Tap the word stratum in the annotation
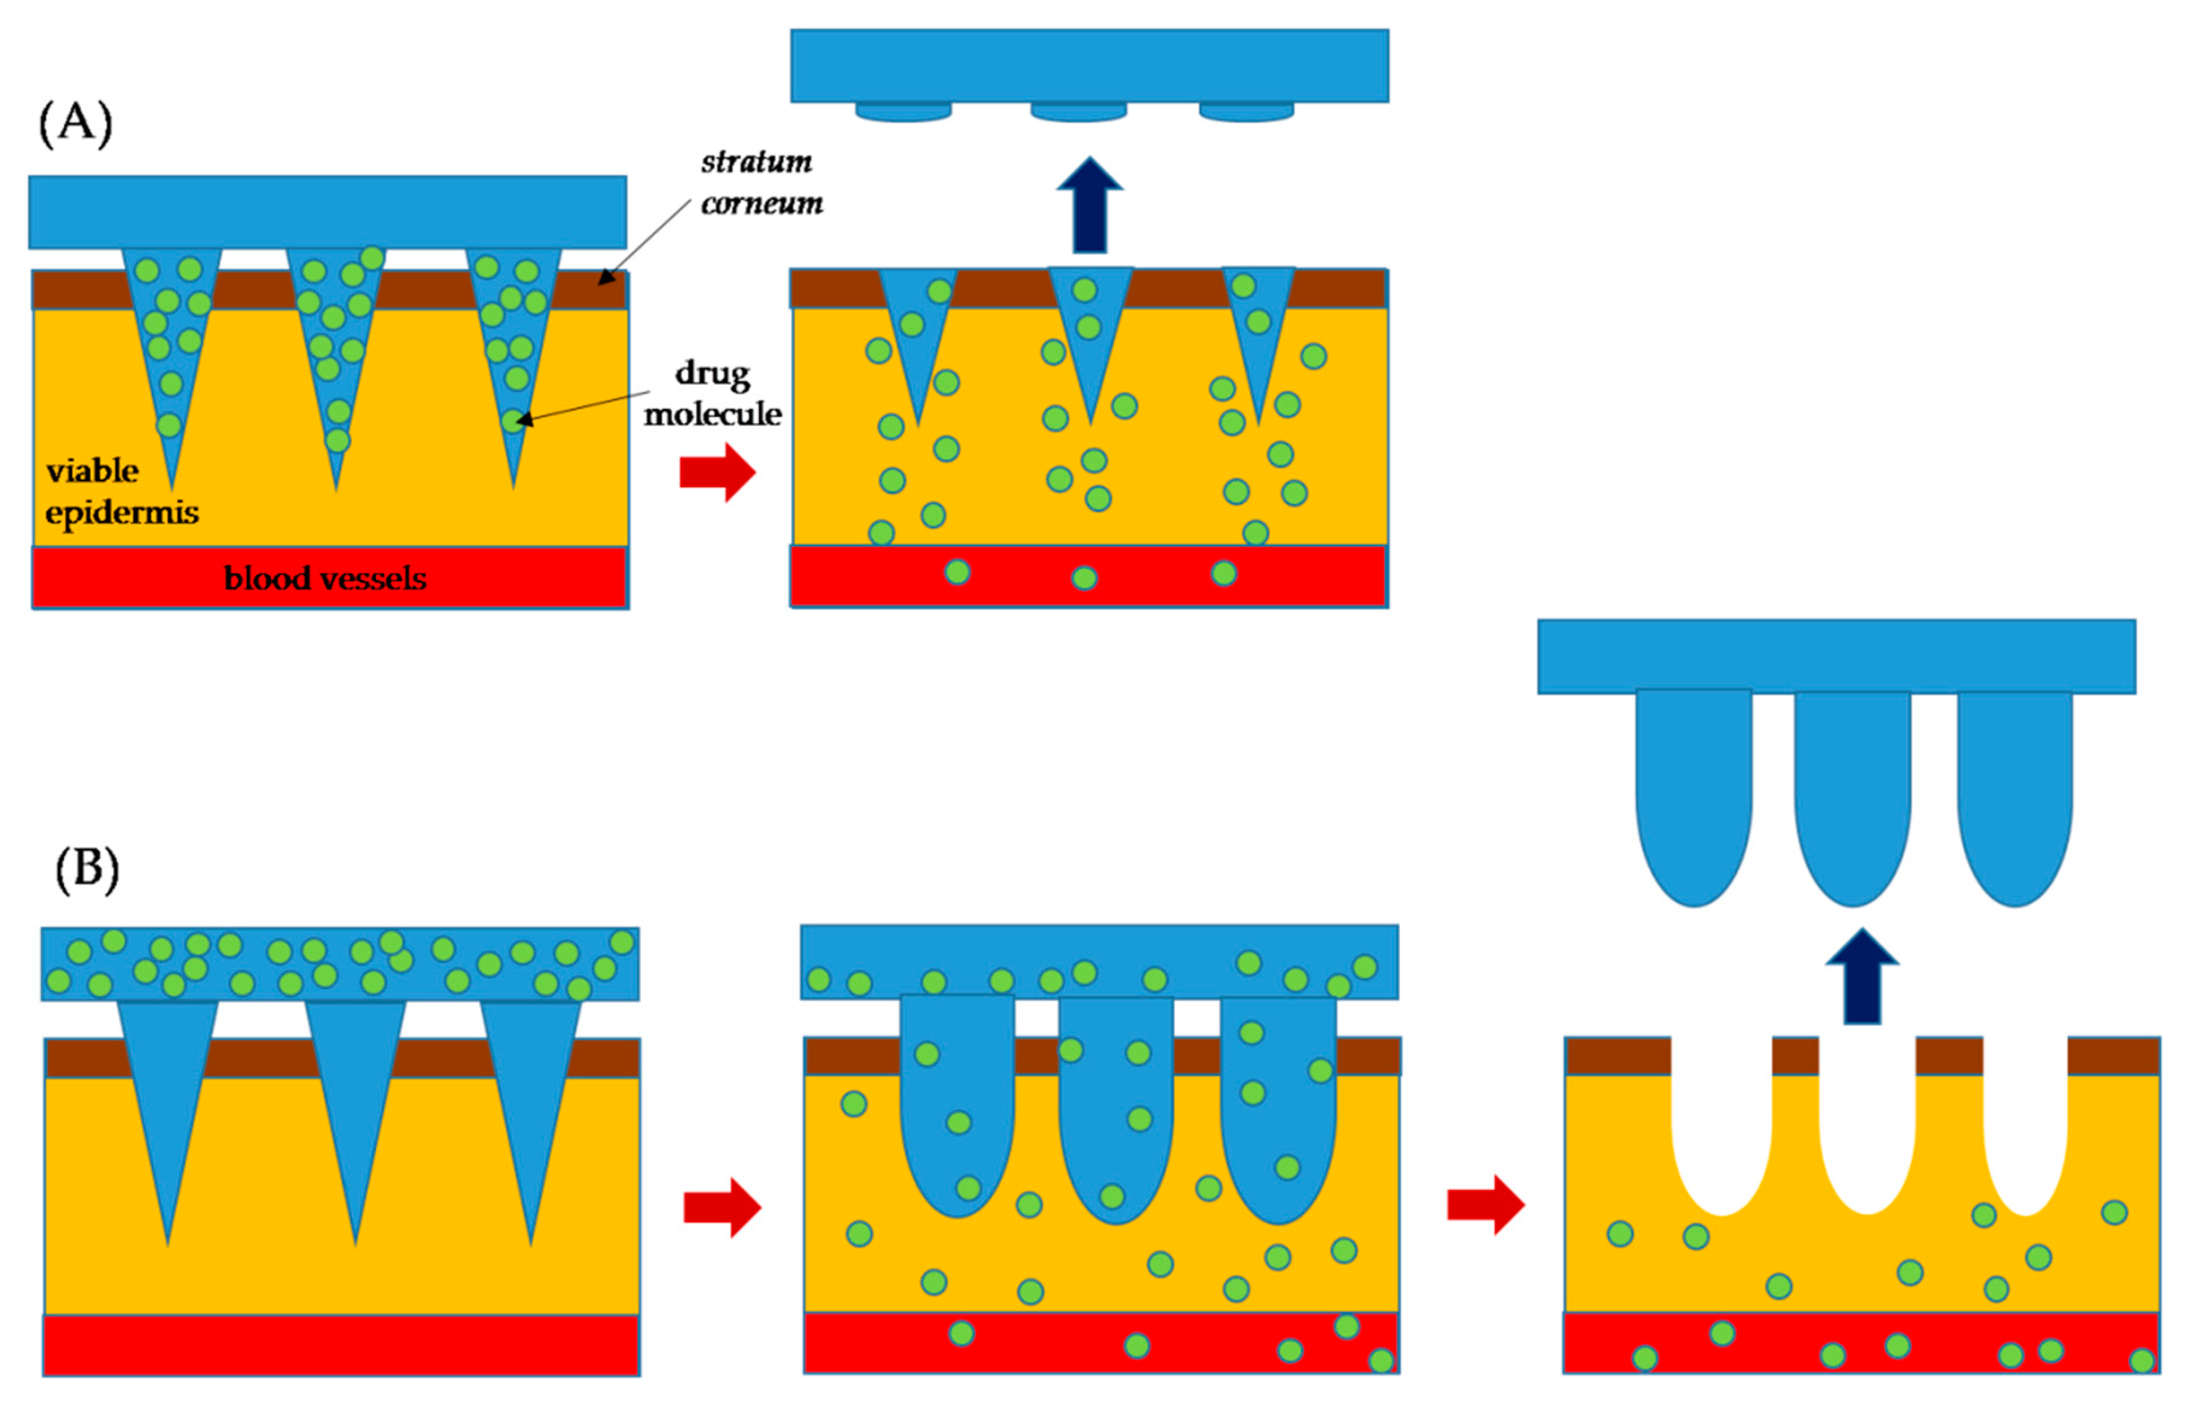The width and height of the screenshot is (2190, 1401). [x=756, y=162]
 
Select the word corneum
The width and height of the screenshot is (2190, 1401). [x=762, y=203]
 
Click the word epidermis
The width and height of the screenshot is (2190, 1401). [x=122, y=513]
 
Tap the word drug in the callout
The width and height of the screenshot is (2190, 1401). [x=712, y=374]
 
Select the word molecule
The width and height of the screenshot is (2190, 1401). [x=712, y=415]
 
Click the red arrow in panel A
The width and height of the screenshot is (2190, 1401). [x=717, y=472]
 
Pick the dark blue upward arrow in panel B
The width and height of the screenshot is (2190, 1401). [x=1862, y=977]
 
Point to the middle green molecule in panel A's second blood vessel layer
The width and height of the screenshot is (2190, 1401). [x=1084, y=578]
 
